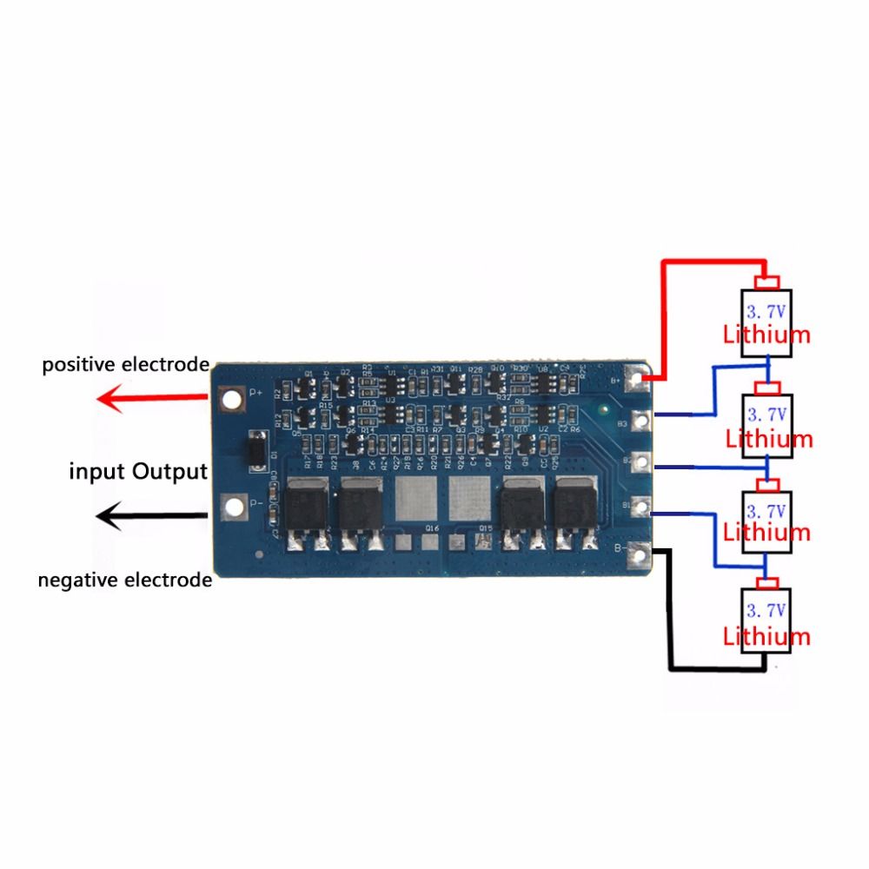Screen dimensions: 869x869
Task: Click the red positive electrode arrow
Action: (152, 400)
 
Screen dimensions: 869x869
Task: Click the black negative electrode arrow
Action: (152, 518)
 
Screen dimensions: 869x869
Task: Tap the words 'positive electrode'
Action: (125, 364)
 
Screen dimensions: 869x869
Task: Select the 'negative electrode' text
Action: (124, 579)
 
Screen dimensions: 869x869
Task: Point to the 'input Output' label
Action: (138, 472)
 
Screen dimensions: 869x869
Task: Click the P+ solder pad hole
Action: (232, 399)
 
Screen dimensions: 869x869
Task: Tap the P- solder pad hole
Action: (232, 506)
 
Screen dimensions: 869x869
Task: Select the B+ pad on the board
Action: (642, 379)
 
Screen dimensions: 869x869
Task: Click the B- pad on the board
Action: (642, 550)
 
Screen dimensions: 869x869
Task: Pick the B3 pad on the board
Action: (642, 421)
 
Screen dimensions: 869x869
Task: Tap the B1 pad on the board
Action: (642, 506)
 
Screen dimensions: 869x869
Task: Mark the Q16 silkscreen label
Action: (431, 528)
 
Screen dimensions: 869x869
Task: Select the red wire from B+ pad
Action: (665, 313)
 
